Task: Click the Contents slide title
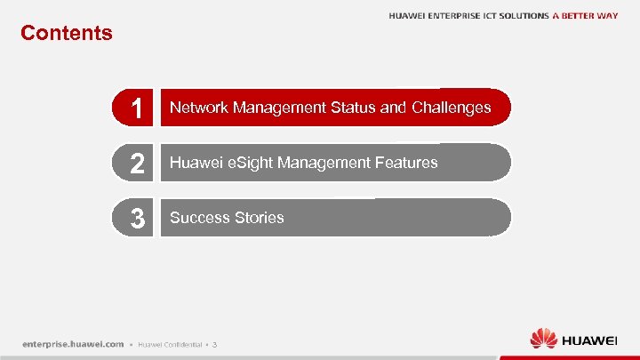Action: click(x=67, y=34)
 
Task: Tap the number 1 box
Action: click(x=134, y=108)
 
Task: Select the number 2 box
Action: click(x=134, y=164)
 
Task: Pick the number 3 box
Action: click(x=134, y=219)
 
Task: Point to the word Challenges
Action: click(x=451, y=108)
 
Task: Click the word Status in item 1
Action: click(x=353, y=108)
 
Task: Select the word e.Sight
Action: click(x=247, y=163)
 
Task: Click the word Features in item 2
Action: click(x=406, y=163)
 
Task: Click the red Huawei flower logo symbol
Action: click(x=543, y=339)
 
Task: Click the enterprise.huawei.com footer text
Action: click(x=73, y=344)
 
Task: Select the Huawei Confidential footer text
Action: click(x=171, y=345)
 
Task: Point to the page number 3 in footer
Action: click(x=214, y=345)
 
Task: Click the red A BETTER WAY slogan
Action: click(x=585, y=16)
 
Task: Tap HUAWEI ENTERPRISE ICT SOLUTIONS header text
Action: click(x=468, y=16)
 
